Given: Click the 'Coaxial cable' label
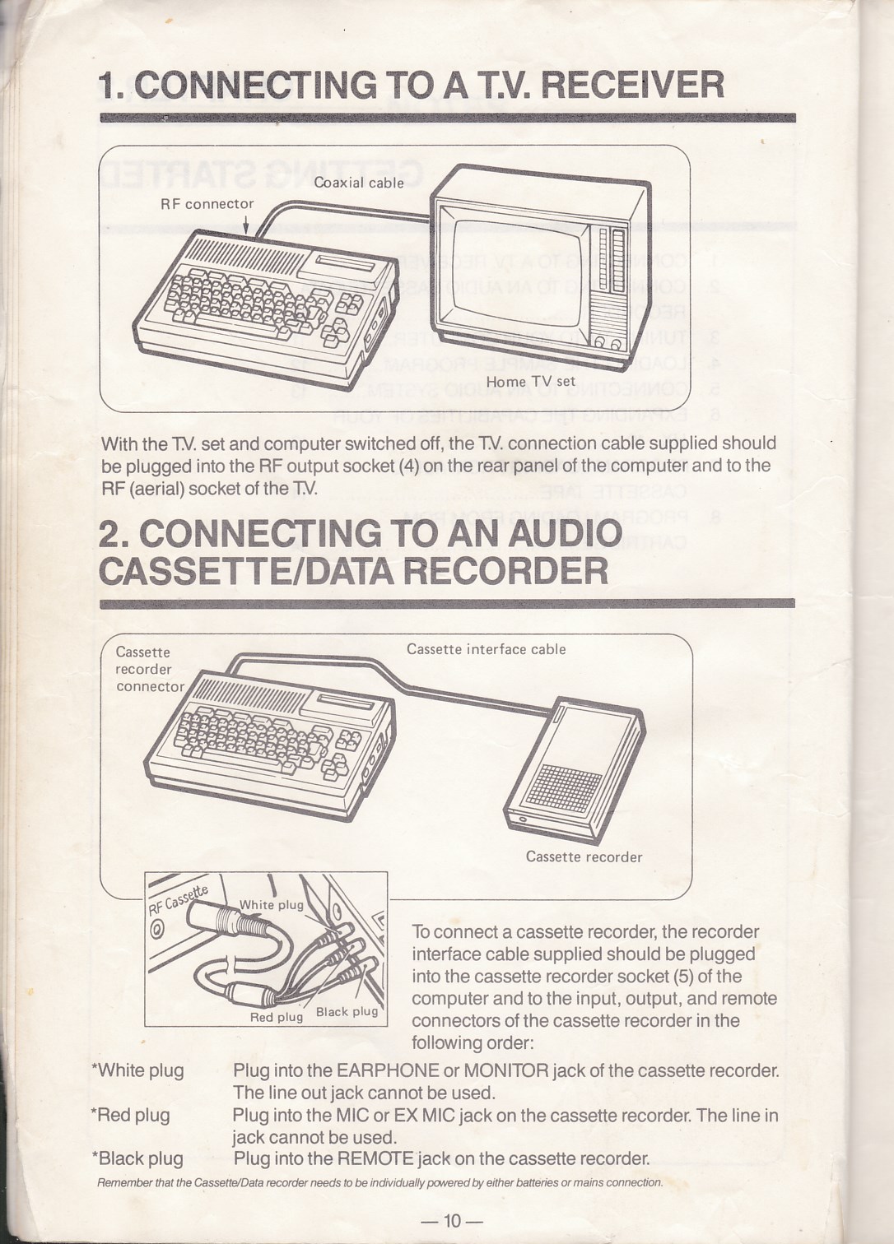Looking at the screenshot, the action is [359, 183].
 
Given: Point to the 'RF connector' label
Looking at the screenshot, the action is [207, 204].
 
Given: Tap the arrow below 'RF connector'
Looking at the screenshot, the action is [245, 225].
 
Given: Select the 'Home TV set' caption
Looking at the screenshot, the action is [531, 382].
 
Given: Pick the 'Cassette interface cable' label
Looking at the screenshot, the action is [487, 649].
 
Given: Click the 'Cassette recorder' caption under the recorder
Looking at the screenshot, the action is [584, 857].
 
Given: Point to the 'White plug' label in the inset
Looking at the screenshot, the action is [271, 905].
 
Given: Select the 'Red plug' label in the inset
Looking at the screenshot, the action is [277, 1017].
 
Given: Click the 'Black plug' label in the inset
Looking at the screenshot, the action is [347, 1011].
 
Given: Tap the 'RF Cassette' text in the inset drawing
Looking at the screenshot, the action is [178, 901].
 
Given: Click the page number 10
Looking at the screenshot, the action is [452, 1221].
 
